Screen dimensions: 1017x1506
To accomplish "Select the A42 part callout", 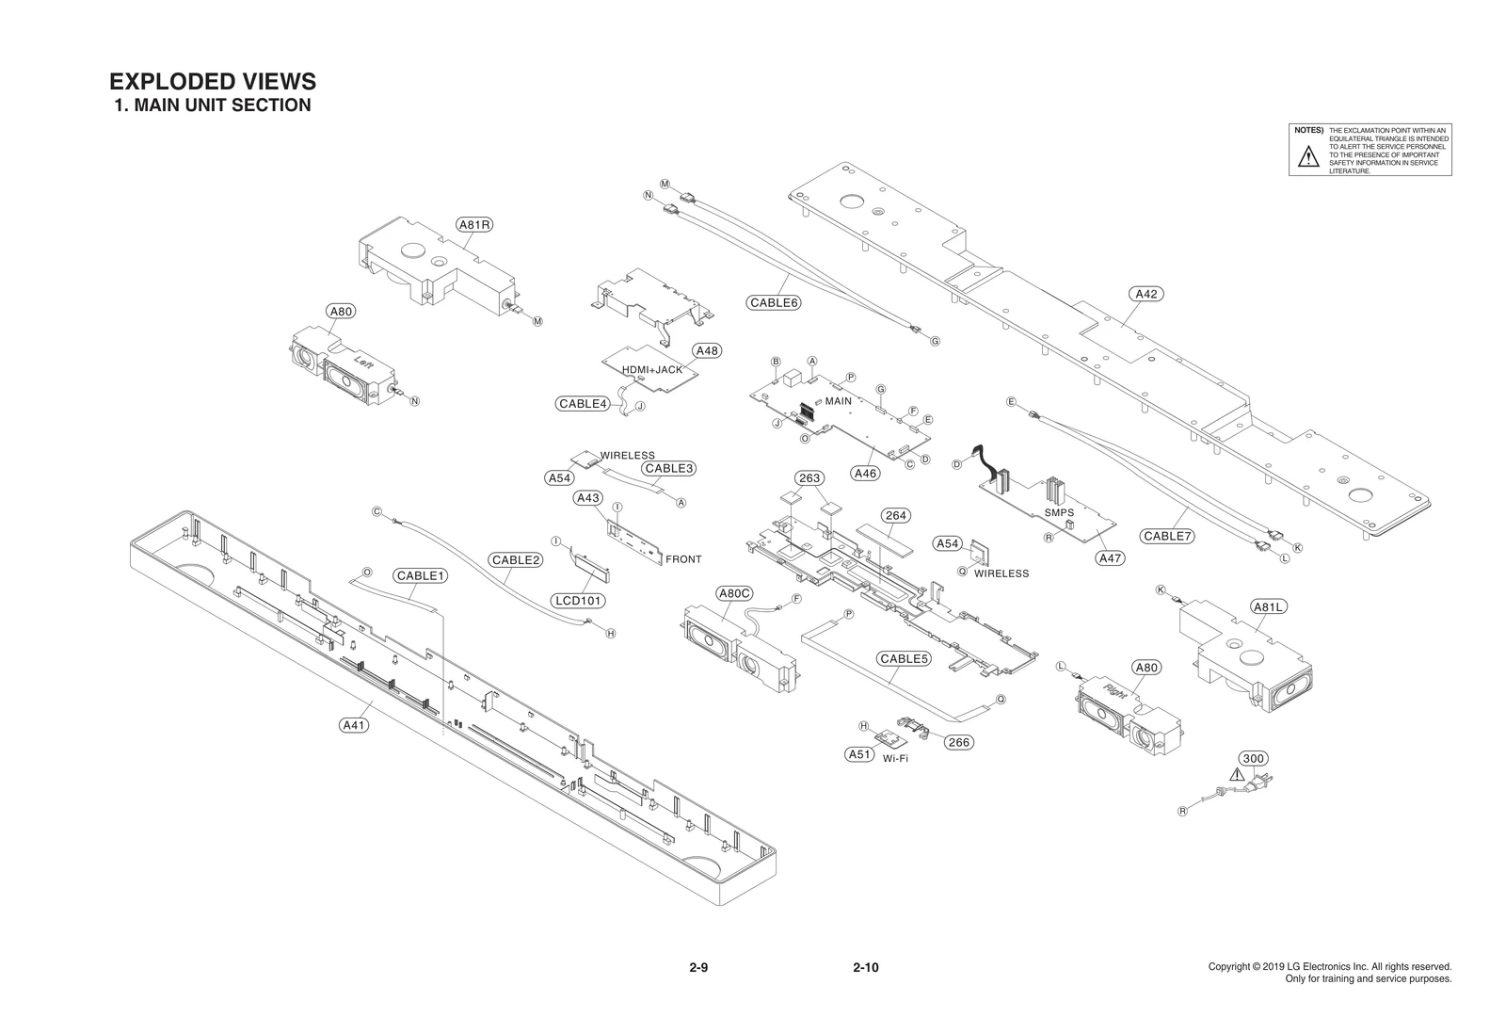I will point(1146,294).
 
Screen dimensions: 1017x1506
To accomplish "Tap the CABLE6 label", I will point(774,303).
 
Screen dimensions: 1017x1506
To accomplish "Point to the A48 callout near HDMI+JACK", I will point(706,351).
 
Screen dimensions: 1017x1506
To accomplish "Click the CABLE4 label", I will point(582,404).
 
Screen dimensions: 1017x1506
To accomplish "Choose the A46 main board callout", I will point(865,474).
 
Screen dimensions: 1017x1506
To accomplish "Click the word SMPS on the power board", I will point(1059,513).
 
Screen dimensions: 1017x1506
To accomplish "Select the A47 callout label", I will point(1111,558).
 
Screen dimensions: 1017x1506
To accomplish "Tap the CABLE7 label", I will point(1167,537).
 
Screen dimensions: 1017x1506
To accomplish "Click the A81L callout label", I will point(1268,607).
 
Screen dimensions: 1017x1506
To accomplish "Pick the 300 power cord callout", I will point(1253,759).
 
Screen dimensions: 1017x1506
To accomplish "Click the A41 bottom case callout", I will point(354,725).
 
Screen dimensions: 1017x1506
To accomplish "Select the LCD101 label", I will point(578,601).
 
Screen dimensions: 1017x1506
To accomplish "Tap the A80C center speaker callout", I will point(734,593).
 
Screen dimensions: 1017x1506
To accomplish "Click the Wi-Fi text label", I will point(895,759).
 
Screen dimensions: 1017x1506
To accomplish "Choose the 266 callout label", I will point(958,743).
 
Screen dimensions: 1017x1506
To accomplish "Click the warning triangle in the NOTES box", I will point(1308,158).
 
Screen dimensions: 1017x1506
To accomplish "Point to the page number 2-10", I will point(865,968).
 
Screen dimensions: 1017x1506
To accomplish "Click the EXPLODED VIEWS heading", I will point(213,82).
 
